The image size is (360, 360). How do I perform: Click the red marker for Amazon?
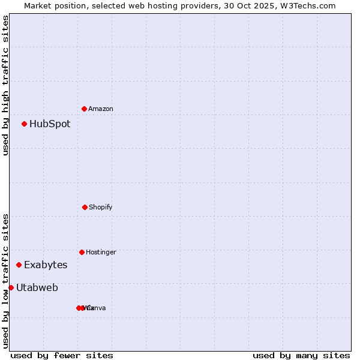(85, 109)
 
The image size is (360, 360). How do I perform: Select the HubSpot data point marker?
(25, 124)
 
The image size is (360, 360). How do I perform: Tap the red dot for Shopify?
(85, 207)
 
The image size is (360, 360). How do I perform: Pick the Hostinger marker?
(82, 252)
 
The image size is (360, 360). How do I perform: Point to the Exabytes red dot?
(19, 265)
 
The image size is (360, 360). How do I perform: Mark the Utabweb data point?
(11, 287)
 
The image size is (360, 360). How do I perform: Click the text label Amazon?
(101, 109)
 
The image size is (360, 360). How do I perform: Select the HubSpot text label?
(50, 124)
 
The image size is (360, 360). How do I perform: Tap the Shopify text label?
(101, 207)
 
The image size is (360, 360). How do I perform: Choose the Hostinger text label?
(101, 252)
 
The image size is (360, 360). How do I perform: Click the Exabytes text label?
(46, 265)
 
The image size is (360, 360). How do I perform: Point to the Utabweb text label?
(37, 287)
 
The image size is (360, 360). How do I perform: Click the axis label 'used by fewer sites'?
(62, 355)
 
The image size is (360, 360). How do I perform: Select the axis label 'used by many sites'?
(301, 355)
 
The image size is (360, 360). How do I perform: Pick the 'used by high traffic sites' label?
(5, 85)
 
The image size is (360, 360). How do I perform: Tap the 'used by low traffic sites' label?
(5, 281)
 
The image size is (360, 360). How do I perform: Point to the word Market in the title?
(38, 5)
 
